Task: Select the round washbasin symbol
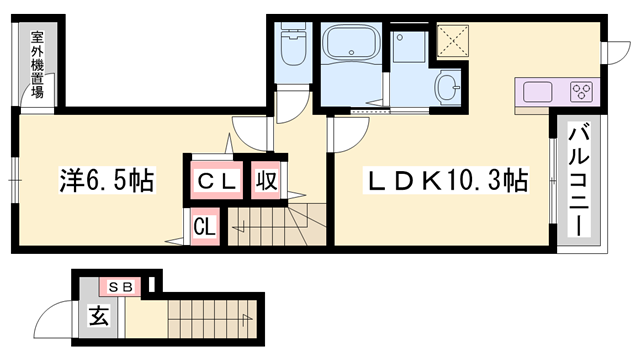tap(447, 88)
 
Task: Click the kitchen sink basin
tap(537, 92)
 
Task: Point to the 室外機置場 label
tap(37, 62)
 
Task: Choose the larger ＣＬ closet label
tap(214, 182)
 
